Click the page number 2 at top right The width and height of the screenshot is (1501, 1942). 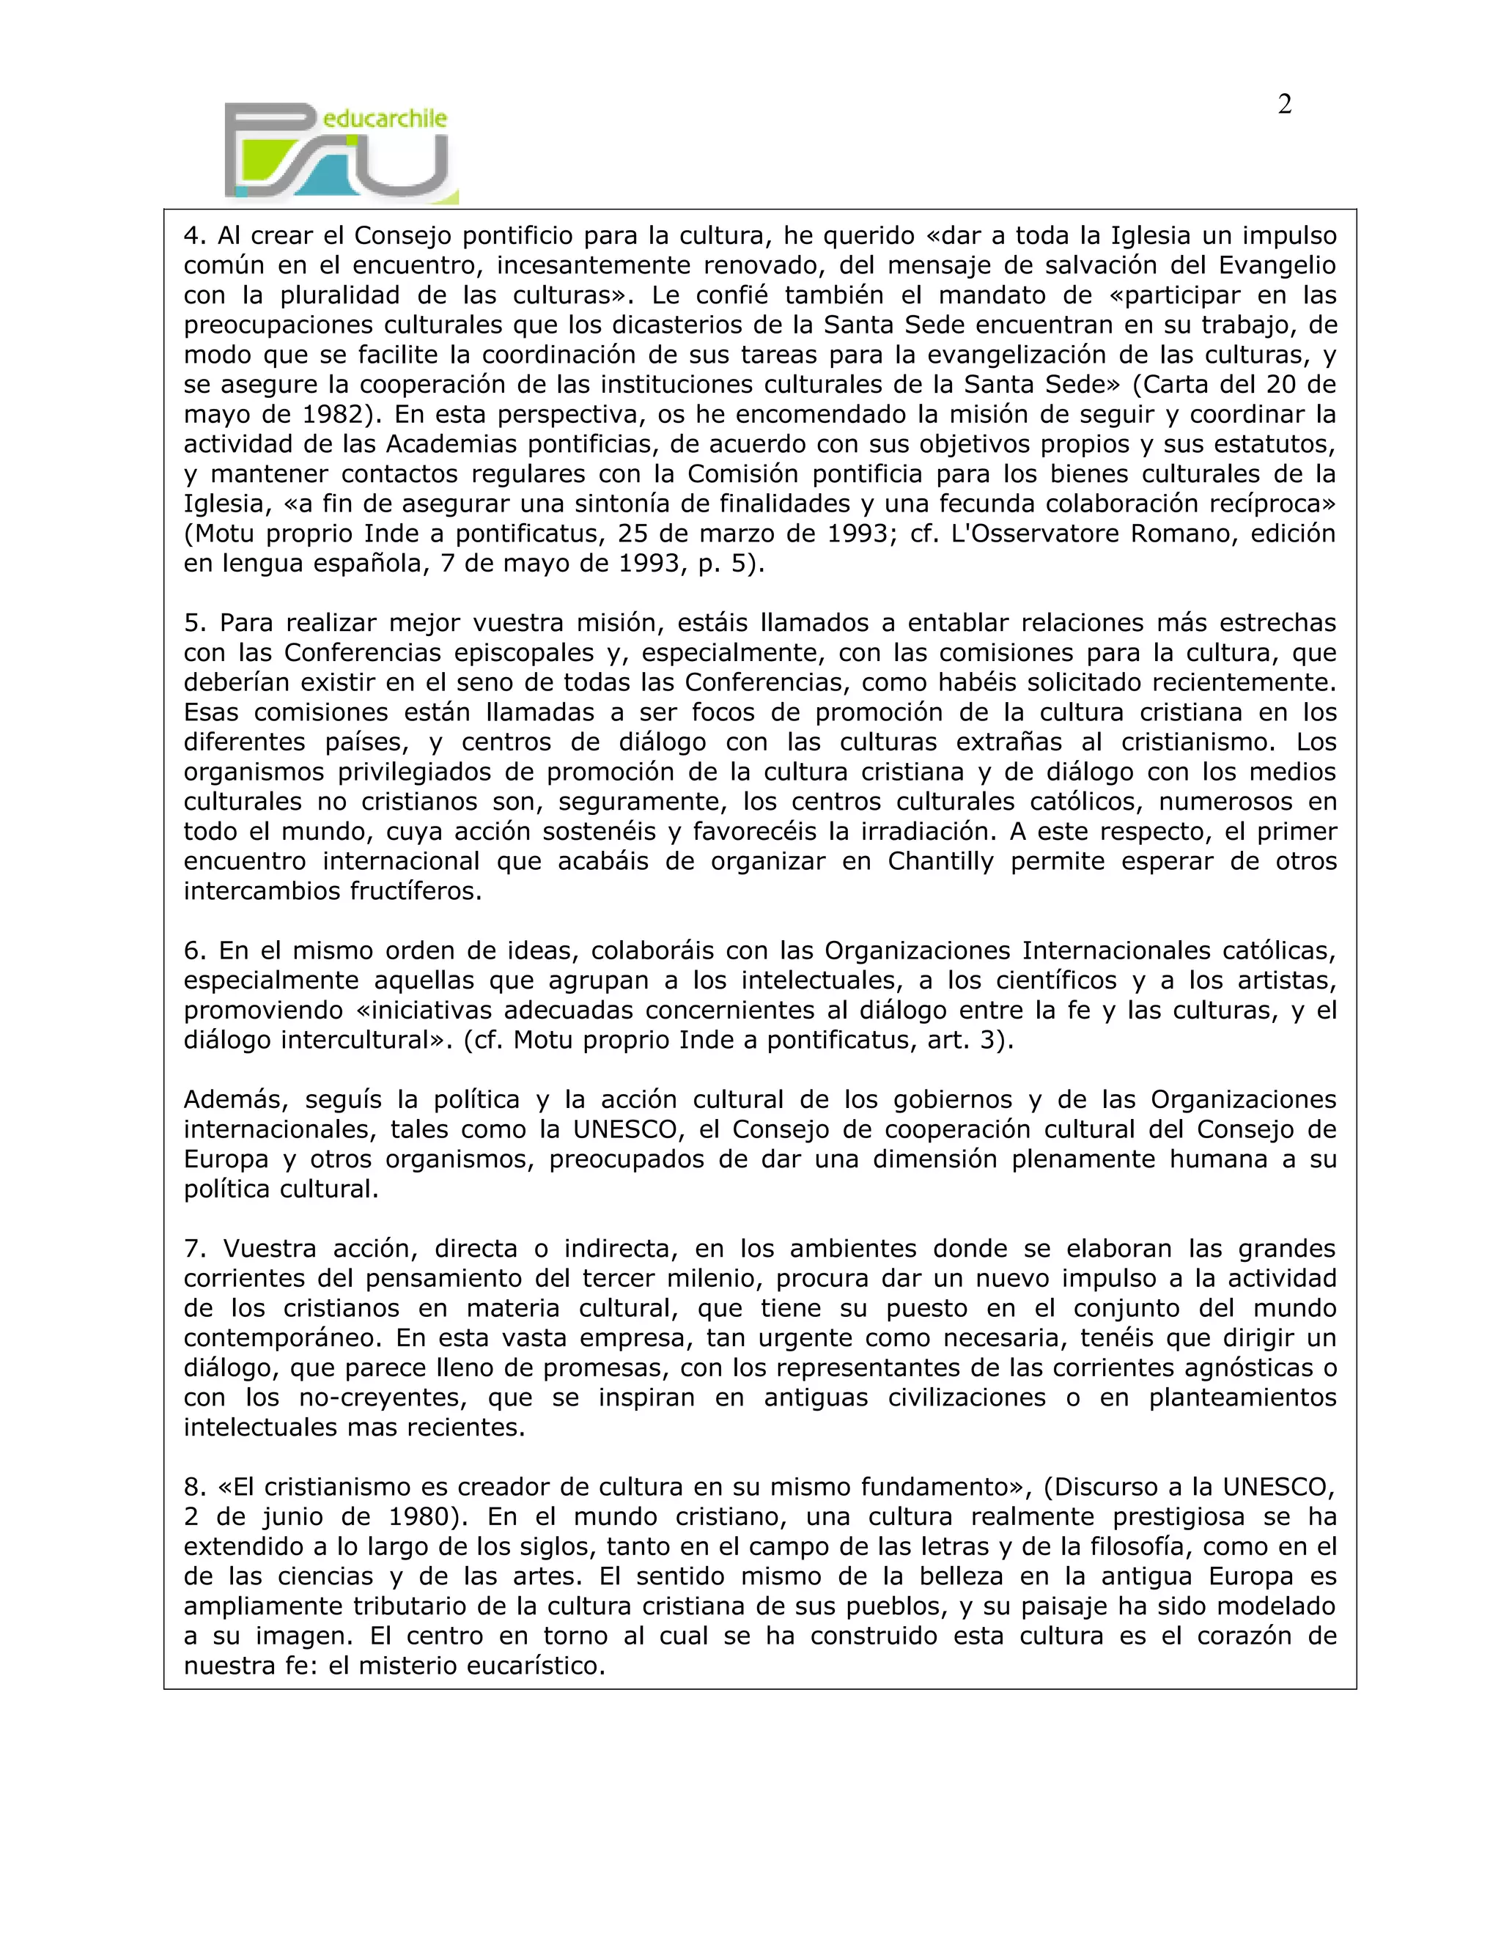pyautogui.click(x=1284, y=105)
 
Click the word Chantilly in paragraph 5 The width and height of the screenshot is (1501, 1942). pyautogui.click(x=940, y=862)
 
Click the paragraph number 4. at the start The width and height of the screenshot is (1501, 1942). pyautogui.click(x=195, y=237)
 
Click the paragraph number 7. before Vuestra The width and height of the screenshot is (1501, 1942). pyautogui.click(x=195, y=1249)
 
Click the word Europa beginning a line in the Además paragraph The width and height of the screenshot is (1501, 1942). pyautogui.click(x=226, y=1159)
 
